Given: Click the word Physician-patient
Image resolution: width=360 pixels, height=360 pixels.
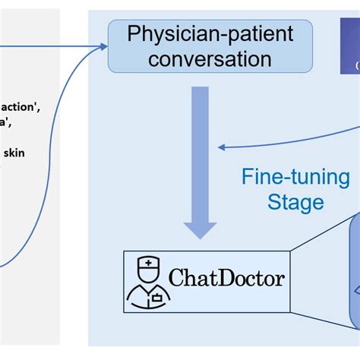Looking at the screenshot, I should [x=210, y=35].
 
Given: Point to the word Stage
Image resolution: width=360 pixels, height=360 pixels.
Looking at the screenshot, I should [x=295, y=202].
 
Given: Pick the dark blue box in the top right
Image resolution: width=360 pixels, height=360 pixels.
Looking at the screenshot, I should [x=350, y=46].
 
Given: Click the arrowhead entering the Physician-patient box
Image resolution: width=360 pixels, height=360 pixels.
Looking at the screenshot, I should [x=103, y=47].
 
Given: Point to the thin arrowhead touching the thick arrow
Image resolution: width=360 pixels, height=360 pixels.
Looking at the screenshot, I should [x=221, y=147].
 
